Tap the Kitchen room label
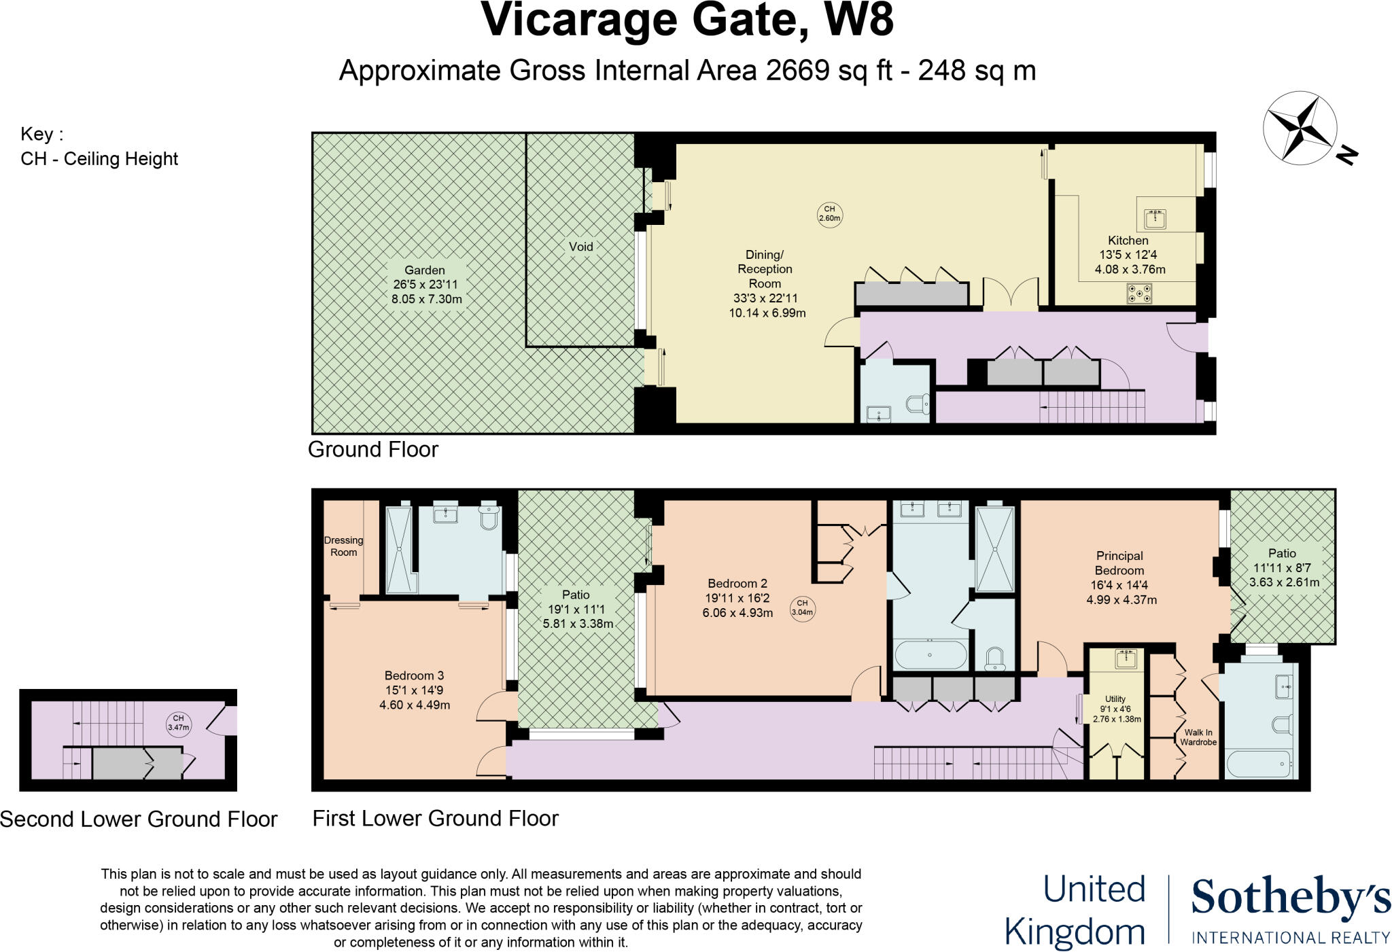click(1128, 241)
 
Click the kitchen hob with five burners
click(1139, 294)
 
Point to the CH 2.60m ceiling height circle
click(829, 214)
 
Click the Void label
click(580, 247)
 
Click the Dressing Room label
click(343, 546)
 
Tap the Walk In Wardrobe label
click(1198, 737)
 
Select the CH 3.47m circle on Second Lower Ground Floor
click(178, 722)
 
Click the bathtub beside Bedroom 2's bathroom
click(930, 655)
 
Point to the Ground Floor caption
click(373, 449)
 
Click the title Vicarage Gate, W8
click(687, 20)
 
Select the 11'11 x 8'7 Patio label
click(1283, 567)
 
